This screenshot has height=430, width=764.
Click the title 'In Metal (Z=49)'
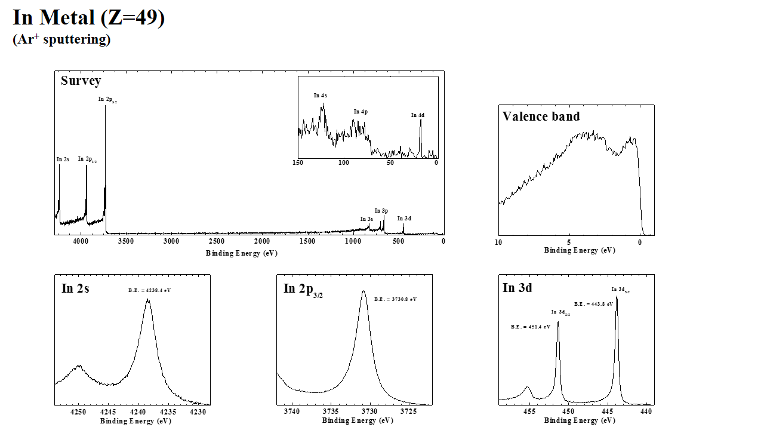[88, 18]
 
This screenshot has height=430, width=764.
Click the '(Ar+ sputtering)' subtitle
[61, 40]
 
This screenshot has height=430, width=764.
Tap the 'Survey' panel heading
[81, 81]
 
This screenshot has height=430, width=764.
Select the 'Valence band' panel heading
[541, 116]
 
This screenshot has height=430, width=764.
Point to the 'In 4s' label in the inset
[321, 96]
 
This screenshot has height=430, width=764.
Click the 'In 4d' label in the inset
[418, 115]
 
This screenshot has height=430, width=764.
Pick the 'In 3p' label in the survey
[381, 211]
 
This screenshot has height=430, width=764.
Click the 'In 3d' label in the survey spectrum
[404, 219]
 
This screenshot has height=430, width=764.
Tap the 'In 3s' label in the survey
[366, 219]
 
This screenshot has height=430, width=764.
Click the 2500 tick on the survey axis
[216, 242]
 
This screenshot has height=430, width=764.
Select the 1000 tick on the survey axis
[352, 242]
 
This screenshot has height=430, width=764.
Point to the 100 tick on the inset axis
[344, 163]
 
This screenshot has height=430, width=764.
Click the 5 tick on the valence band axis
[569, 242]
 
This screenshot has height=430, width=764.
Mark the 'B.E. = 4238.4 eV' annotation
[149, 290]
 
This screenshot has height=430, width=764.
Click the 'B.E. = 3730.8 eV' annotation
[395, 299]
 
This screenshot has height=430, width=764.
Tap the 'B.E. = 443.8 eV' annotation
[594, 304]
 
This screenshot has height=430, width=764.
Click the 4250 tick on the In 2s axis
[78, 412]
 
